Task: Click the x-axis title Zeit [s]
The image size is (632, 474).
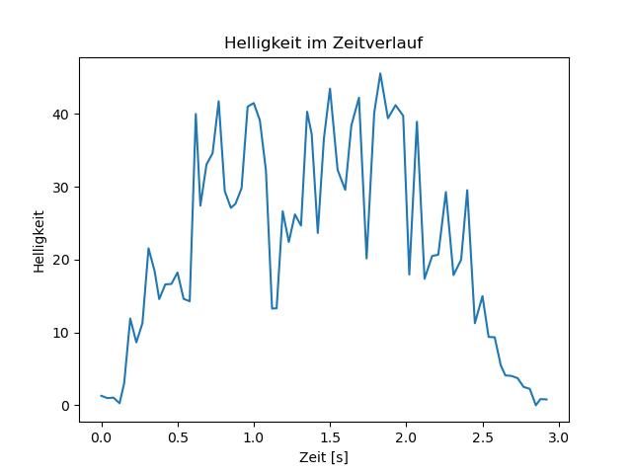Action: click(x=324, y=457)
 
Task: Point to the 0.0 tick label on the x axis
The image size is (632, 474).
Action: click(x=101, y=436)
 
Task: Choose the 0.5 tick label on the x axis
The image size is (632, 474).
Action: click(x=178, y=436)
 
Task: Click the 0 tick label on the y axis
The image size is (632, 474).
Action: click(x=65, y=406)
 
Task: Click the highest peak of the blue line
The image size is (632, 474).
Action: click(x=380, y=73)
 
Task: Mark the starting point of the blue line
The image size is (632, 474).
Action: click(x=101, y=396)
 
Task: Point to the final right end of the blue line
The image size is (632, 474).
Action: click(x=546, y=400)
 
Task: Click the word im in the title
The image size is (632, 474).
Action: click(x=310, y=43)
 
